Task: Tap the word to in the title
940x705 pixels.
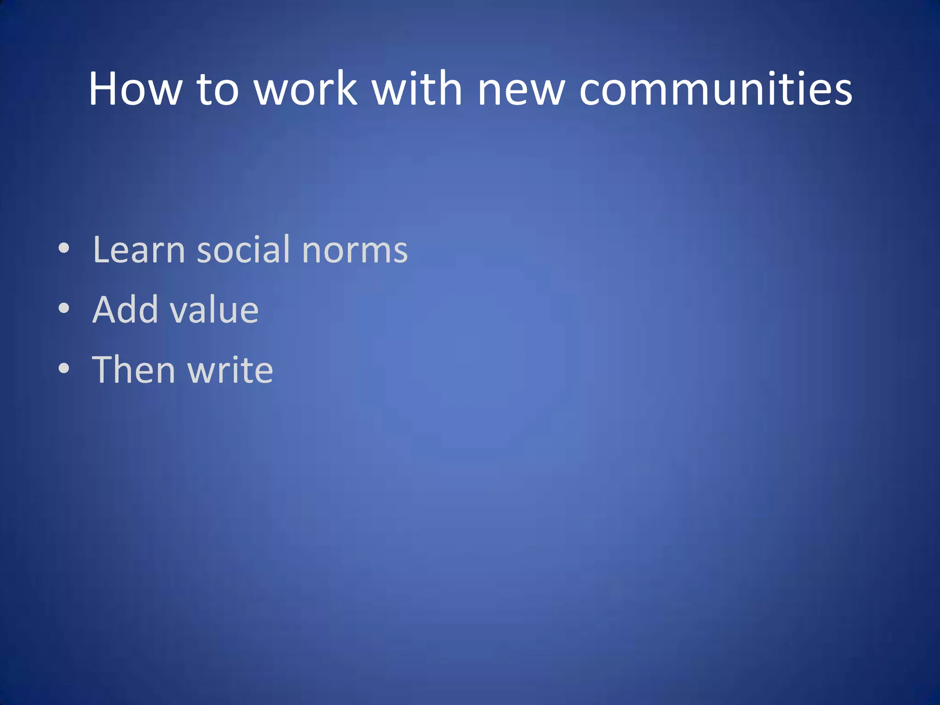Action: (218, 89)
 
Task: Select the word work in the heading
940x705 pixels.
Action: (306, 89)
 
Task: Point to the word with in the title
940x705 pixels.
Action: (417, 89)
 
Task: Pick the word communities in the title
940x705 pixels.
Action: (716, 89)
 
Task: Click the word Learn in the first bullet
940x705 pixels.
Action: (139, 250)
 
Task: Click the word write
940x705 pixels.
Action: (230, 370)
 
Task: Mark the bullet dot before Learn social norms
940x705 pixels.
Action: (64, 249)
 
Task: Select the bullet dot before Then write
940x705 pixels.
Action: (64, 369)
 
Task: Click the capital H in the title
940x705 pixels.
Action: (103, 89)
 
